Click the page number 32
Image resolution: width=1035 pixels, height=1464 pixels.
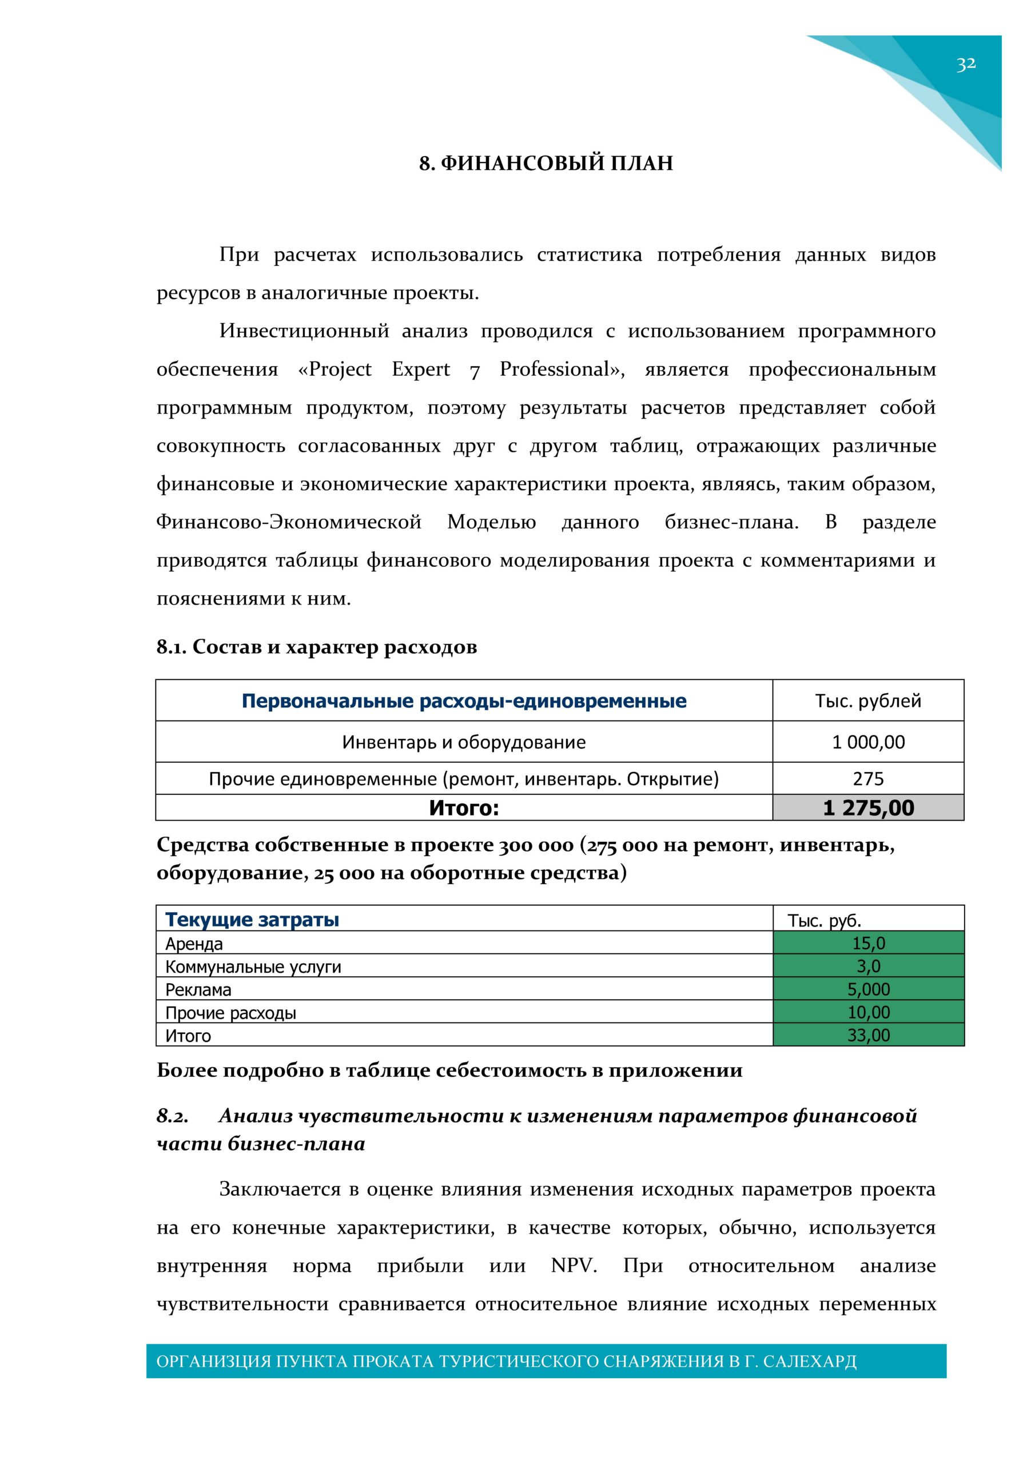click(965, 63)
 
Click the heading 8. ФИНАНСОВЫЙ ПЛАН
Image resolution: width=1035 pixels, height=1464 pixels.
click(546, 163)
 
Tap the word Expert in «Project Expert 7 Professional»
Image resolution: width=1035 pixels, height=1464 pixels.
click(421, 369)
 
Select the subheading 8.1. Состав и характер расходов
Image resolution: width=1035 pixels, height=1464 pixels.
click(317, 647)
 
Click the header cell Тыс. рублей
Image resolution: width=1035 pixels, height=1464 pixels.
click(868, 701)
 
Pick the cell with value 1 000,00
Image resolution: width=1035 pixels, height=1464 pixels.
click(868, 742)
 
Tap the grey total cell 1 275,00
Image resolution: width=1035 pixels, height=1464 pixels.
click(868, 808)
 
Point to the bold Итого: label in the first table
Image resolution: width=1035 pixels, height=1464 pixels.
click(464, 808)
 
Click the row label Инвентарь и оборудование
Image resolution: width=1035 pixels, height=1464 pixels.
click(464, 742)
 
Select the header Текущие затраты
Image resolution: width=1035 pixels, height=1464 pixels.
click(252, 920)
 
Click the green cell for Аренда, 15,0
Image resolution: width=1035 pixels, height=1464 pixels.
click(869, 943)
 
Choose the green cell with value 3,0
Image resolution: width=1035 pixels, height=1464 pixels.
click(869, 966)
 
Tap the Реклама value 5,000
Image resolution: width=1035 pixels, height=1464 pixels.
click(869, 989)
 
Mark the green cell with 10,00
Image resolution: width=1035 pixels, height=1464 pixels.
click(869, 1012)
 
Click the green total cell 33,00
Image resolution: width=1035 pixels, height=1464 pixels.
click(869, 1035)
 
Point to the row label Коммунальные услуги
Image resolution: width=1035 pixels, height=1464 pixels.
click(253, 966)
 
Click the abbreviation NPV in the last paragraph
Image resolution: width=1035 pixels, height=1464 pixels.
click(574, 1266)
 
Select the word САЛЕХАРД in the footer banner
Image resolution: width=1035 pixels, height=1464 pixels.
click(809, 1362)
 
